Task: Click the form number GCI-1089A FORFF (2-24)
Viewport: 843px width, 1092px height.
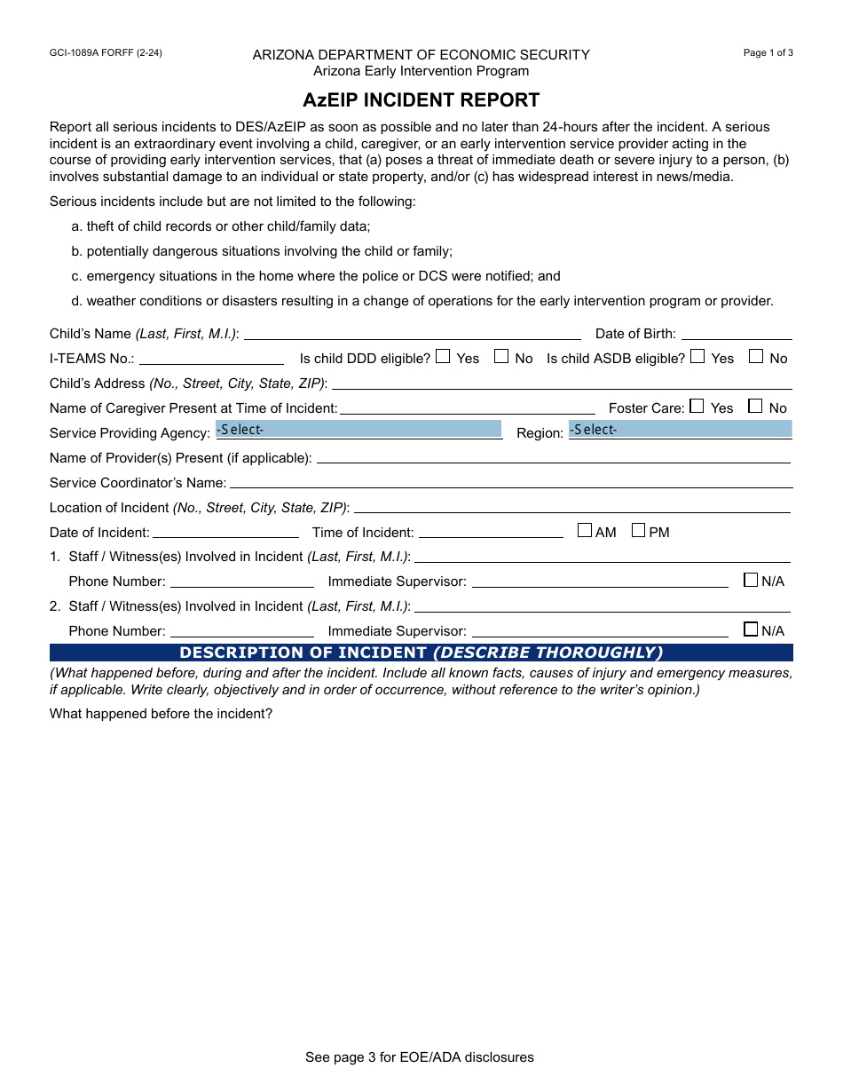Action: pyautogui.click(x=106, y=53)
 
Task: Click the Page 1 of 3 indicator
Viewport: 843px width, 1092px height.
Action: pyautogui.click(x=768, y=53)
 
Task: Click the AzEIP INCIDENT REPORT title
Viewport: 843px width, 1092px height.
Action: pyautogui.click(x=421, y=99)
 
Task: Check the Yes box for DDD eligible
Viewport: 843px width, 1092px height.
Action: pyautogui.click(x=443, y=357)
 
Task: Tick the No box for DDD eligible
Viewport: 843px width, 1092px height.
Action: pyautogui.click(x=501, y=357)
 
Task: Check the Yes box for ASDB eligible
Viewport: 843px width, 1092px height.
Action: pyautogui.click(x=697, y=357)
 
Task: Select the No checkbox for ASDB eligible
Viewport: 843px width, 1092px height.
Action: pyautogui.click(x=756, y=357)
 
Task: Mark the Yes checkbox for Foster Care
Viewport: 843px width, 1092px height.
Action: pyautogui.click(x=697, y=407)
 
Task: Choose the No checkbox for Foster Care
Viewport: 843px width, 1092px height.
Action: pyautogui.click(x=755, y=407)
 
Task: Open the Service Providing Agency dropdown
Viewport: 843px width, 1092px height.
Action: pyautogui.click(x=358, y=430)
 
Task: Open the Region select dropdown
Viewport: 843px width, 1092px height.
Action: pyautogui.click(x=680, y=430)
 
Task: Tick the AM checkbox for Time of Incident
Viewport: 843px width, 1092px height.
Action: pyautogui.click(x=585, y=531)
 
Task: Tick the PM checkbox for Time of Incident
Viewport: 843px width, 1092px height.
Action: pyautogui.click(x=638, y=531)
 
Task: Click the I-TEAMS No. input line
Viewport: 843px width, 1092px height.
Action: pyautogui.click(x=211, y=359)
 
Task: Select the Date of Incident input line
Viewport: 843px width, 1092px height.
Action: pyautogui.click(x=225, y=533)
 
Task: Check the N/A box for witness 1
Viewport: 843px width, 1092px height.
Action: pyautogui.click(x=751, y=581)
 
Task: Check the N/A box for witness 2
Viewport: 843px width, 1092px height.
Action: pyautogui.click(x=751, y=630)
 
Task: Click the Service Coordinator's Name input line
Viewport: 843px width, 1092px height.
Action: pyautogui.click(x=510, y=483)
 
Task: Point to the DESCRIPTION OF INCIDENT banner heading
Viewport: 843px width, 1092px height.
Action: pyautogui.click(x=421, y=653)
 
